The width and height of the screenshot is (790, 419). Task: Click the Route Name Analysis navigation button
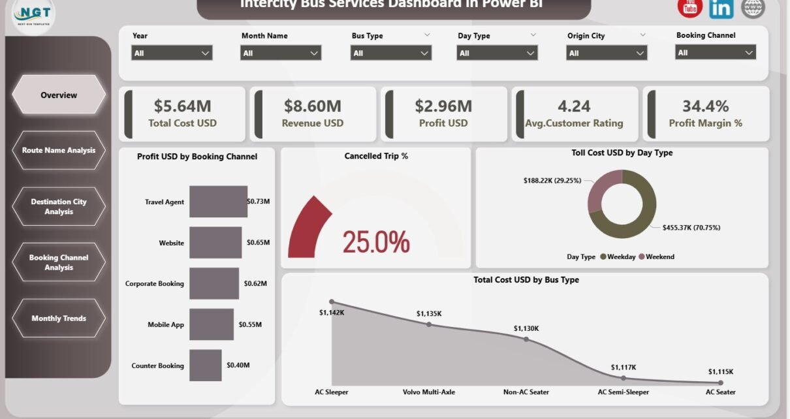point(59,150)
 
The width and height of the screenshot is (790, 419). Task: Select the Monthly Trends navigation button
point(59,318)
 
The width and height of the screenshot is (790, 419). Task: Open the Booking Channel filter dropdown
point(716,53)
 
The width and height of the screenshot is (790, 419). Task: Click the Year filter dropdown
point(172,54)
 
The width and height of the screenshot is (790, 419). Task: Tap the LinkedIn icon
point(721,8)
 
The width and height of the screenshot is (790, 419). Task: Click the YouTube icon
point(689,8)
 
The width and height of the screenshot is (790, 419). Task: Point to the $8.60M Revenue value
point(313,106)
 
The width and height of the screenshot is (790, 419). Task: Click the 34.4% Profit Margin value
point(705,106)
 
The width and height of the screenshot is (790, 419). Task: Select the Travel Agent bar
point(218,202)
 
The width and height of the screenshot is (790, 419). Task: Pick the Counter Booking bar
point(205,365)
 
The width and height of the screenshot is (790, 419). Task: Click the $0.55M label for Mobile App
point(250,324)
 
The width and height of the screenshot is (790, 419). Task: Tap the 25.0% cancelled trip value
point(376,242)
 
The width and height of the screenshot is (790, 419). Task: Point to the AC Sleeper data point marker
point(332,302)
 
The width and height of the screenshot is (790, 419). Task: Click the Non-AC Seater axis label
point(526,392)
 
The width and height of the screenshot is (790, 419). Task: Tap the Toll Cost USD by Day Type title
point(622,153)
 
